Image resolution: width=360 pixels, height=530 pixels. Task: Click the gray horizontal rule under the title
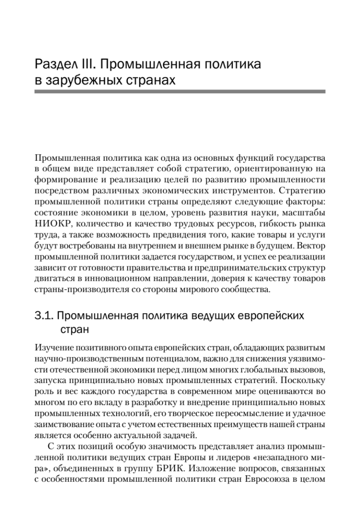point(180,91)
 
